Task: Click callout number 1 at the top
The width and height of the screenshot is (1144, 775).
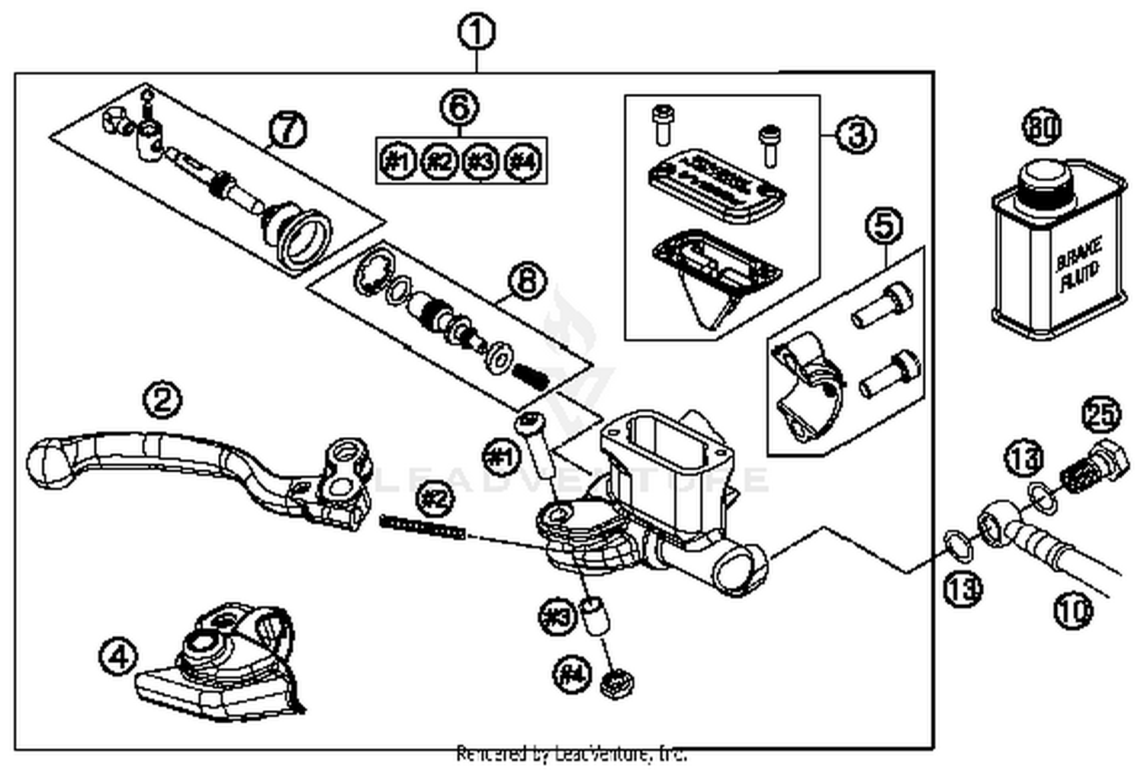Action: tap(477, 34)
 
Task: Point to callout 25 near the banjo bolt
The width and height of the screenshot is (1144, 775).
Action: tap(1101, 416)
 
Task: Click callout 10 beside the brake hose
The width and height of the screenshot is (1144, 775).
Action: tap(1074, 610)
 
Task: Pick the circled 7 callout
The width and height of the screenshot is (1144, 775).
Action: tap(288, 130)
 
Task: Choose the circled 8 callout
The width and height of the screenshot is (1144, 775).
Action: tap(527, 281)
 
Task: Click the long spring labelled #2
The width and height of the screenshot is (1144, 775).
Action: tap(423, 526)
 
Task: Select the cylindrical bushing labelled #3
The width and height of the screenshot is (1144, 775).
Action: tap(596, 616)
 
